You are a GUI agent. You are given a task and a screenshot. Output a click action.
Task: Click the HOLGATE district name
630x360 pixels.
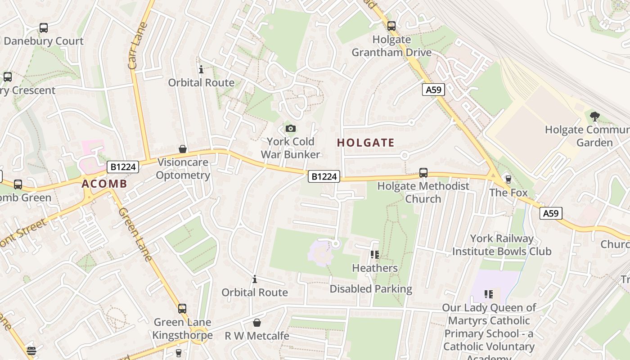click(x=365, y=143)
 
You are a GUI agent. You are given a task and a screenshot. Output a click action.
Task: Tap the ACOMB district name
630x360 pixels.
click(x=104, y=184)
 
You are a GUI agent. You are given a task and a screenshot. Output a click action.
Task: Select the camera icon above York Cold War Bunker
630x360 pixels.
click(x=291, y=129)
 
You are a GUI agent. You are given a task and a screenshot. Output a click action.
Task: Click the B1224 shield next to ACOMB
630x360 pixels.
click(x=123, y=167)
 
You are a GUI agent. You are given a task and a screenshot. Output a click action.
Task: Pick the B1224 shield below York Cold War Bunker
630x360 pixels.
click(x=324, y=176)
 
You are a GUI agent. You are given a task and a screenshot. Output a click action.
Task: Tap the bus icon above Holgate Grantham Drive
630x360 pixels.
click(x=391, y=26)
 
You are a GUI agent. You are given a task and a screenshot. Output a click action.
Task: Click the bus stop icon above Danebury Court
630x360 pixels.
click(x=44, y=28)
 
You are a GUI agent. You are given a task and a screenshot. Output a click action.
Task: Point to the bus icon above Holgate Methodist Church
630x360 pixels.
click(x=423, y=173)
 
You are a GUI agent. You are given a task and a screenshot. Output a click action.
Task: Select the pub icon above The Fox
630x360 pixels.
click(x=508, y=180)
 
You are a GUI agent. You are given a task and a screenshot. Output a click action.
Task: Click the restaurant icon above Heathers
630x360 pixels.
click(x=374, y=255)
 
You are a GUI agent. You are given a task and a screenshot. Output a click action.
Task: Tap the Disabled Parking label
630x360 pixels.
click(x=371, y=289)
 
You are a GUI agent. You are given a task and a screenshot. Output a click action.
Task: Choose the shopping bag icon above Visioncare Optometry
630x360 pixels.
click(x=183, y=149)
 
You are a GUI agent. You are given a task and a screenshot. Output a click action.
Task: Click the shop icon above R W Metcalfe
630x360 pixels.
click(x=256, y=323)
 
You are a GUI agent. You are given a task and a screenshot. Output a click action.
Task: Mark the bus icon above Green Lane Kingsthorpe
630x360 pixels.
click(x=182, y=309)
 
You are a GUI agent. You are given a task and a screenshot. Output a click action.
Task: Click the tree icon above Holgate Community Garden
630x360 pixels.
click(x=594, y=117)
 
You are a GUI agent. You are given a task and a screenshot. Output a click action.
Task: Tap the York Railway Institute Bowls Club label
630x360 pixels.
click(x=502, y=245)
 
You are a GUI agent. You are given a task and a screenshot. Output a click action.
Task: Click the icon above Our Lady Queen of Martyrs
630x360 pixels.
click(x=489, y=294)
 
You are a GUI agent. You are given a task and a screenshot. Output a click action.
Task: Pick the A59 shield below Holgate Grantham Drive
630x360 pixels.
click(x=434, y=90)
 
